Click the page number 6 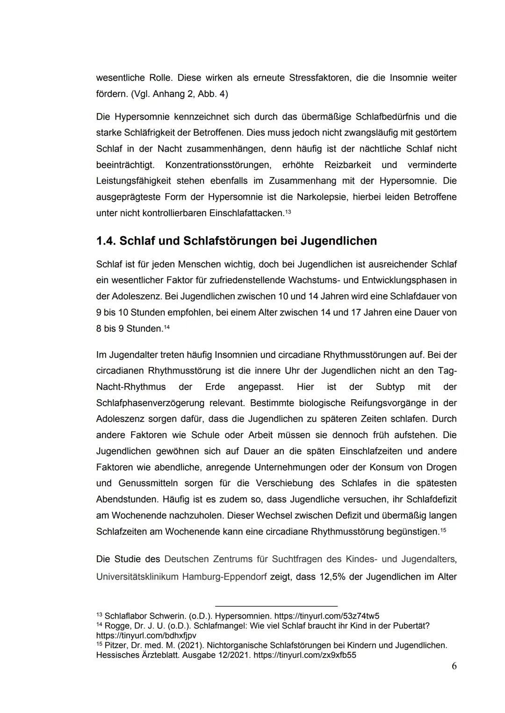(454, 666)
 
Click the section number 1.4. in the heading (106, 241)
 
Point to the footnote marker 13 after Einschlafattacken (288, 212)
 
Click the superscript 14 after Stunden (166, 327)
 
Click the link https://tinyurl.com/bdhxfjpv (146, 635)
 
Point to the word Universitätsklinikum (137, 577)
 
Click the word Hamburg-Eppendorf (224, 577)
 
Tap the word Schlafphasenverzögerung (150, 403)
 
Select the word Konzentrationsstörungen (218, 165)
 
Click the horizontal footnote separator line (276, 606)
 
